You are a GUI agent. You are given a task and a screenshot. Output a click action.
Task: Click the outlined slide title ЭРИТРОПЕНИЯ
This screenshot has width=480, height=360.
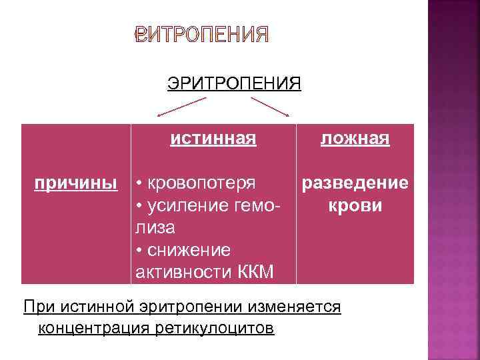[202, 35]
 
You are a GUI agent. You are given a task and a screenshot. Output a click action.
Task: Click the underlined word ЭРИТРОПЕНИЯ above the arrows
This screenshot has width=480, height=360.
[234, 83]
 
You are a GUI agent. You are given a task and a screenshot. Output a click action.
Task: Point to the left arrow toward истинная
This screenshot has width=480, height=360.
[181, 107]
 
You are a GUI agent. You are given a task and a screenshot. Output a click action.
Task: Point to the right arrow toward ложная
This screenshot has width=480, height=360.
[269, 107]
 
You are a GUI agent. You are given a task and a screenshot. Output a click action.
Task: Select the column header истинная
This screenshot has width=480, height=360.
[213, 139]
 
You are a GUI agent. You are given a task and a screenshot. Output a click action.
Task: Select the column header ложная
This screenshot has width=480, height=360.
[355, 139]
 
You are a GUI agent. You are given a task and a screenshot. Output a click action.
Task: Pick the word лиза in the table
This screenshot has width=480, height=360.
[155, 227]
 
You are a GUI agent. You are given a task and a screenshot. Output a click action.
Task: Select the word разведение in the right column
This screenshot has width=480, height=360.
[355, 183]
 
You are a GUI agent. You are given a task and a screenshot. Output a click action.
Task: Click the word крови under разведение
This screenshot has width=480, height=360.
[355, 205]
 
